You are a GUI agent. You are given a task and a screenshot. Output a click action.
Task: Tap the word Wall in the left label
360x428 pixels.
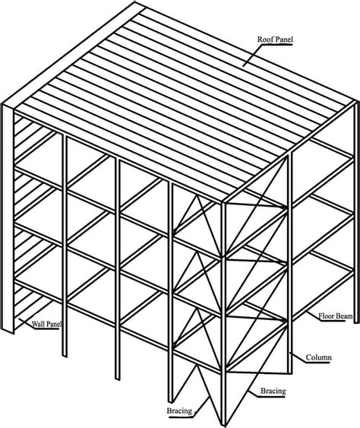point(37,324)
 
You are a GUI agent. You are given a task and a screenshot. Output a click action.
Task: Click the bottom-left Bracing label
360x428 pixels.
point(180,411)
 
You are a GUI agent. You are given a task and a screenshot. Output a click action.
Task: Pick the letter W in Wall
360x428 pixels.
point(33,324)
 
